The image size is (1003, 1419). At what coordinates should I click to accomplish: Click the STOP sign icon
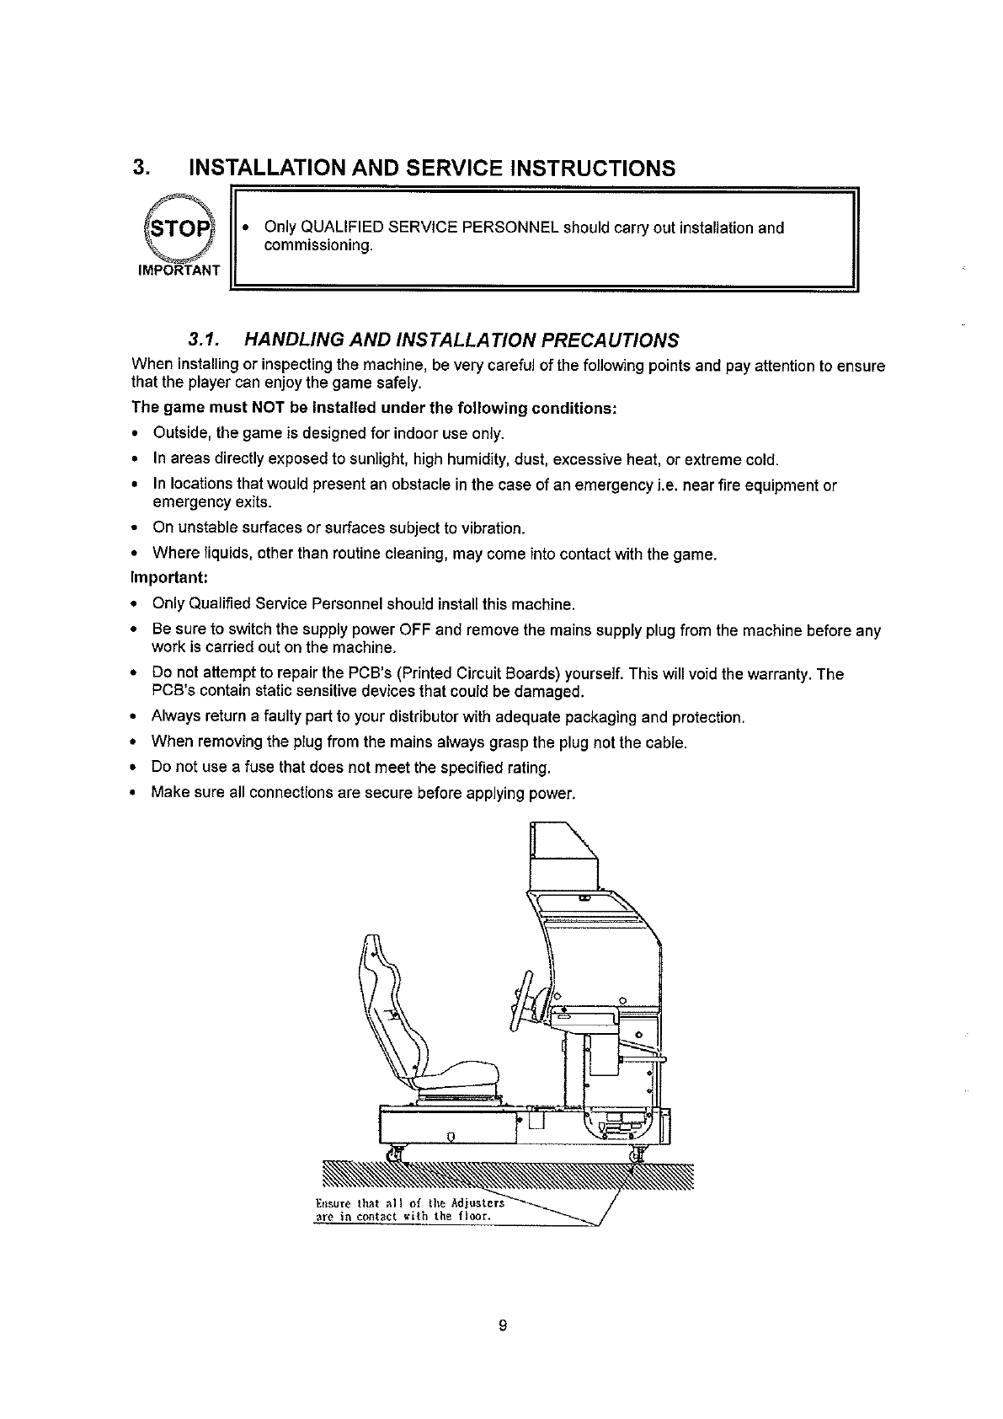[x=176, y=230]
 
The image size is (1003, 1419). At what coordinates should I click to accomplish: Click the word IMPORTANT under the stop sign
[x=178, y=270]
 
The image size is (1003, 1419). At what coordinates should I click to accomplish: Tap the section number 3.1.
[x=204, y=340]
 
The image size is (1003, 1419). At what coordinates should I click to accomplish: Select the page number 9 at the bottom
[x=503, y=1326]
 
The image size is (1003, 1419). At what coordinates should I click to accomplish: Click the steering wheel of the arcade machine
[x=521, y=1002]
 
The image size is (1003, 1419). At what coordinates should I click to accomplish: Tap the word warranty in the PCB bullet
[x=782, y=674]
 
